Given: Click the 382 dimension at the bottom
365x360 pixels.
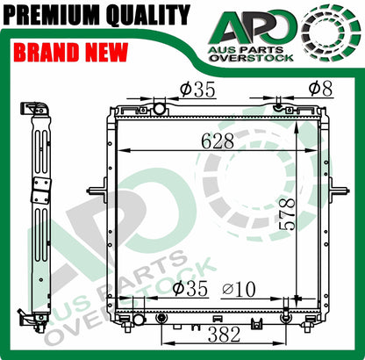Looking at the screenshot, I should point(223,334).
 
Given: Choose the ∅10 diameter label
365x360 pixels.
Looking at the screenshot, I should point(238,288).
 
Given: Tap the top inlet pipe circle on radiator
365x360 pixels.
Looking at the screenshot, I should point(159,108).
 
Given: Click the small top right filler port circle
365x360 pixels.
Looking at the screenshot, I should point(278,107).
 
